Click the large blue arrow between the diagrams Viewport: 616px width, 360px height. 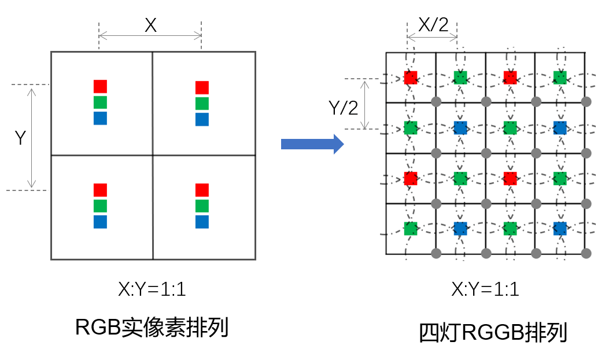click(x=312, y=144)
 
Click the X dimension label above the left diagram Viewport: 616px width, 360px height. click(x=150, y=25)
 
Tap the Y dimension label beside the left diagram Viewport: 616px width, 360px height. click(x=20, y=138)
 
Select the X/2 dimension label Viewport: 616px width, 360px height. click(x=432, y=25)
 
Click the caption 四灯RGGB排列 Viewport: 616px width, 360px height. click(x=493, y=333)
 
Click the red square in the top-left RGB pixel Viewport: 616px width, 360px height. click(x=101, y=87)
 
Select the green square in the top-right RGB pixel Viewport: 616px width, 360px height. click(x=202, y=103)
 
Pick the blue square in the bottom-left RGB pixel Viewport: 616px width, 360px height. click(x=101, y=222)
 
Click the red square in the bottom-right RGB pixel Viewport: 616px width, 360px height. click(x=202, y=190)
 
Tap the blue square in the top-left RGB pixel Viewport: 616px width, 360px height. click(x=101, y=119)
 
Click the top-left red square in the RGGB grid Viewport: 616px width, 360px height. click(x=411, y=78)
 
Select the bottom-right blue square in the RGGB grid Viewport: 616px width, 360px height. click(x=559, y=228)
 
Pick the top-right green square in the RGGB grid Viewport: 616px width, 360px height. click(x=559, y=78)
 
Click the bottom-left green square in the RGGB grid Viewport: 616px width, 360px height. click(x=411, y=228)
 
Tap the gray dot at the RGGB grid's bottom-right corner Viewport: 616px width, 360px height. click(x=586, y=253)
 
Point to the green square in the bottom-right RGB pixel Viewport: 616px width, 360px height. click(x=202, y=206)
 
